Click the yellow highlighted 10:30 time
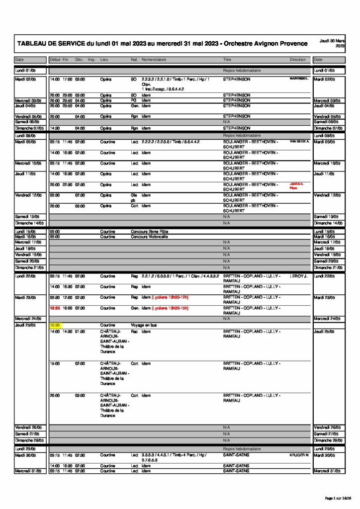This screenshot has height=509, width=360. tap(55, 325)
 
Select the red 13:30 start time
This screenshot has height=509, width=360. tap(55, 308)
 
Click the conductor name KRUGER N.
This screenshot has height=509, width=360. tap(299, 455)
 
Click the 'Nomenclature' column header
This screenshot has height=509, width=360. tap(154, 60)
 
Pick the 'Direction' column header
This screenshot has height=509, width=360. tap(298, 60)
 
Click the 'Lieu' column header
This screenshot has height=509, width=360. tap(104, 60)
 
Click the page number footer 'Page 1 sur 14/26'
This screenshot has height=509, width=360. tap(342, 498)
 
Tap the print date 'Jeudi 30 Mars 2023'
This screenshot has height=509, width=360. tap(333, 43)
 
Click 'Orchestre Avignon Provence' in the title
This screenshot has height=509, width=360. tap(266, 44)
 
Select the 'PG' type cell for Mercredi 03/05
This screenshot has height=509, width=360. tap(133, 100)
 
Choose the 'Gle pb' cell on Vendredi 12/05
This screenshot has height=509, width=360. tap(133, 198)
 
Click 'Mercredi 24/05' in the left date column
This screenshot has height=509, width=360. tap(27, 319)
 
